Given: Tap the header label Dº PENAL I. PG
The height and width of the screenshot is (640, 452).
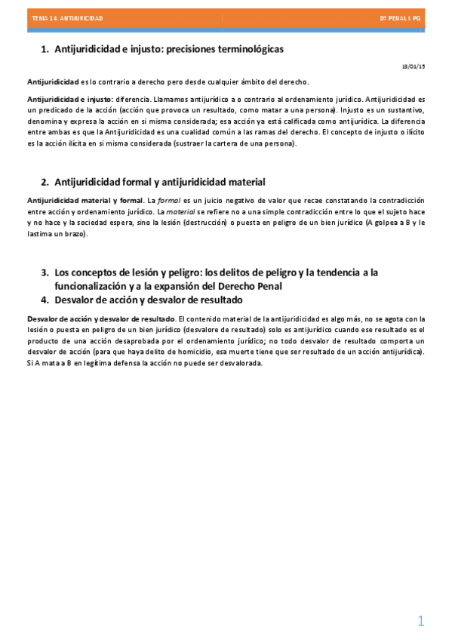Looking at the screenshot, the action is tap(401, 17).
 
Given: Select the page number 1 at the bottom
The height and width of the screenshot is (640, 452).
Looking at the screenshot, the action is tap(421, 621).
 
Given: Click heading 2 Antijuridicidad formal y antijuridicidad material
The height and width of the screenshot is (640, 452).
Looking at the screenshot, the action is tap(160, 182).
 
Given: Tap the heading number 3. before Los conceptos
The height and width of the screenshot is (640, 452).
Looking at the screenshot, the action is tap(45, 272).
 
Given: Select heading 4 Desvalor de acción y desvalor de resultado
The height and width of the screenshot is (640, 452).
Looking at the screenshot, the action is tap(149, 300).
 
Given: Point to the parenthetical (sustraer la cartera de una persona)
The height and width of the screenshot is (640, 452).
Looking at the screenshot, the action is tap(235, 143).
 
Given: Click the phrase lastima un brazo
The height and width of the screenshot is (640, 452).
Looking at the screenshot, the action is tap(57, 234).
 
